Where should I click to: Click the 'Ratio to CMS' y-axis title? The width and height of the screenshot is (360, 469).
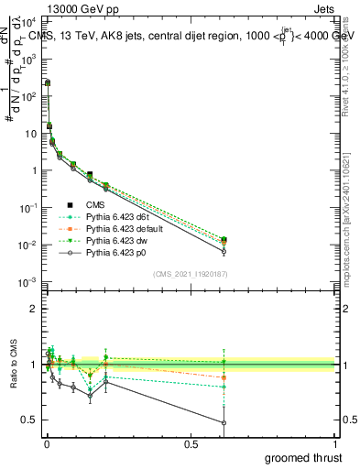click(x=13, y=365)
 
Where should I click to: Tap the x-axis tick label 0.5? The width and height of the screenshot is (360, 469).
click(x=191, y=444)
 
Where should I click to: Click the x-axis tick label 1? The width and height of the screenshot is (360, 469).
click(x=335, y=444)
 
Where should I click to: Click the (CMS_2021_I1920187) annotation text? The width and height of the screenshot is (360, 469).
click(x=190, y=274)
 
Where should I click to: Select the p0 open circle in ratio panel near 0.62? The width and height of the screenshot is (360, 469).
click(x=224, y=422)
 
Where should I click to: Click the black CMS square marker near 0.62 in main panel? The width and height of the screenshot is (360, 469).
click(x=224, y=240)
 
